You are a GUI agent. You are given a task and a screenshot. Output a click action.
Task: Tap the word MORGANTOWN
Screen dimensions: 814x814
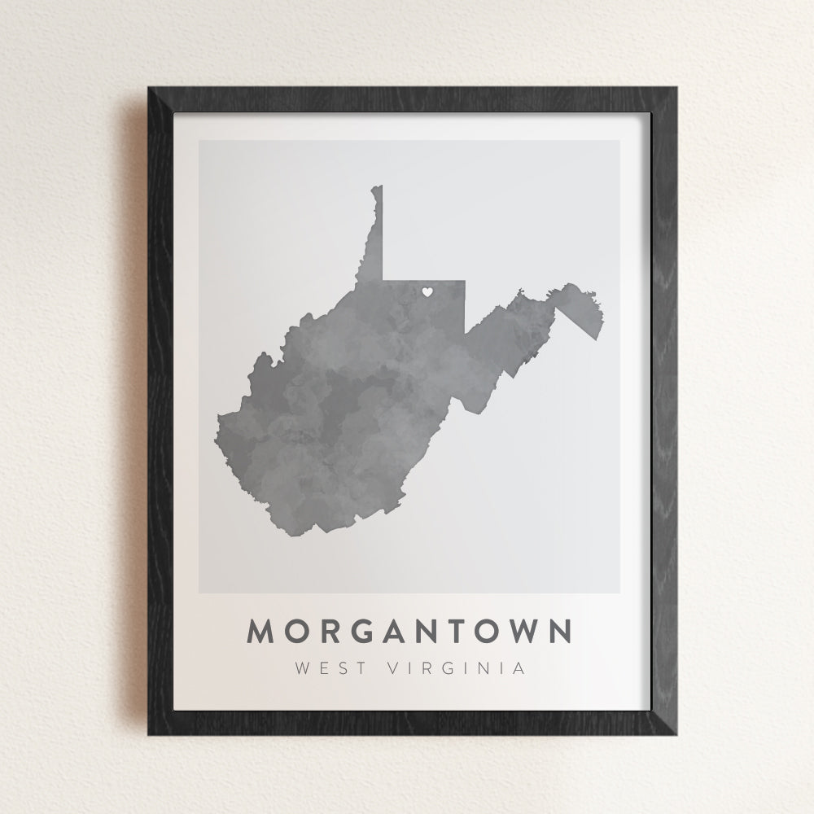point(410,632)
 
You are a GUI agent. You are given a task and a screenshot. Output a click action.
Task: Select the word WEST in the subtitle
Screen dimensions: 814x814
point(329,669)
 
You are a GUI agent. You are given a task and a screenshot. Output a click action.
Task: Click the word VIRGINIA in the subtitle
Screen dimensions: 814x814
point(457,669)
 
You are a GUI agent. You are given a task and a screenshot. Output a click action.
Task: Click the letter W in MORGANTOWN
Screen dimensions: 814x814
point(519,632)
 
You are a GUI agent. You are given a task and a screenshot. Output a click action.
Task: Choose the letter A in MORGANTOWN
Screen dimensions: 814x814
point(399,632)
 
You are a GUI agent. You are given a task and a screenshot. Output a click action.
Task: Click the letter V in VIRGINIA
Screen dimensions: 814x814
point(396,669)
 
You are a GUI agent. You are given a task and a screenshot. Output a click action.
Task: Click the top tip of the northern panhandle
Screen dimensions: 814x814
point(377,187)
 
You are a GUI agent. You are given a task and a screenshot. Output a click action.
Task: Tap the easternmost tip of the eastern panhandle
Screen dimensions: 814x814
point(603,326)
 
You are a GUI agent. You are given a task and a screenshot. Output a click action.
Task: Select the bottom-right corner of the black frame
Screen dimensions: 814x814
point(676,734)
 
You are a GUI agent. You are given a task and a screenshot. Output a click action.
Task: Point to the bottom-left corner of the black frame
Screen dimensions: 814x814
point(149,734)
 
